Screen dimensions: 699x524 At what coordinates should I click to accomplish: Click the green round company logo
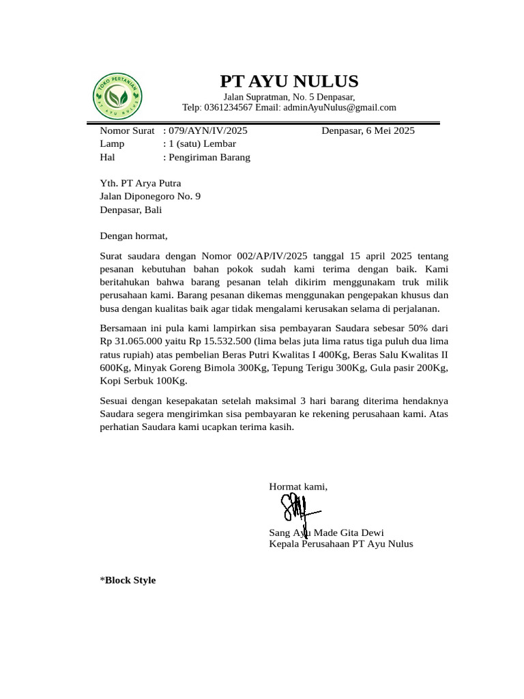(117, 96)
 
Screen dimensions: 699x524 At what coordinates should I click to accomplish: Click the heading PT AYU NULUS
(289, 82)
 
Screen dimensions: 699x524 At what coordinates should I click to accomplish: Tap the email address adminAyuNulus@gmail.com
(339, 108)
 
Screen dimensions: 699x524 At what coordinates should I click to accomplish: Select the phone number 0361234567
(228, 108)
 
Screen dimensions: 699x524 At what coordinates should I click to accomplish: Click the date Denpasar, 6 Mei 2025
(368, 130)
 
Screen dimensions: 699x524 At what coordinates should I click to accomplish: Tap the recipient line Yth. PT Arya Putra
(141, 183)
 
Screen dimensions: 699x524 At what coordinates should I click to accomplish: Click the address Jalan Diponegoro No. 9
(150, 197)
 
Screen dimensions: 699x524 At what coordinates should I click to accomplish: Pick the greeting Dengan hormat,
(134, 236)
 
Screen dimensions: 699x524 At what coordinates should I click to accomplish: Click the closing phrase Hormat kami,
(298, 487)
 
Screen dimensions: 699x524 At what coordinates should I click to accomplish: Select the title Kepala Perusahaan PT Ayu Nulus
(341, 544)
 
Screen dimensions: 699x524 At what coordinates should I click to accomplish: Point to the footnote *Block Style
(128, 580)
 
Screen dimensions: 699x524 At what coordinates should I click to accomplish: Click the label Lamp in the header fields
(112, 144)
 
